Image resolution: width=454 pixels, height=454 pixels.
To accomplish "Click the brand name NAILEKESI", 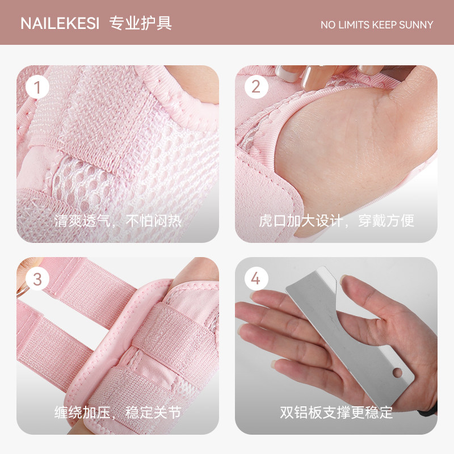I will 60,24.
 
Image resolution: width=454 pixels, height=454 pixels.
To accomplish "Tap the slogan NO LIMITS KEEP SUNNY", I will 377,25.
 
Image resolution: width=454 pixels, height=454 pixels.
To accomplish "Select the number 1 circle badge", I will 38,87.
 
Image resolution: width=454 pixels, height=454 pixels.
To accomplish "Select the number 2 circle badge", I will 256,87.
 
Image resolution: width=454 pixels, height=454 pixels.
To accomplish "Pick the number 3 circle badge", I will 38,279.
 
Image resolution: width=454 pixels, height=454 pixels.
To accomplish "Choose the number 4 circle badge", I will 256,279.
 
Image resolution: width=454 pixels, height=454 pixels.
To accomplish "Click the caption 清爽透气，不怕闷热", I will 117,221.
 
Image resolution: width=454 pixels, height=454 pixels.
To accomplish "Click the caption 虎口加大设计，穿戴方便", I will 336,221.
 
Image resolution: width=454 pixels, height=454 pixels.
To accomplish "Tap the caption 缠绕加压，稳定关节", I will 117,413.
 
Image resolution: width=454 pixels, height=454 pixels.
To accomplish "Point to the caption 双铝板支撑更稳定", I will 336,413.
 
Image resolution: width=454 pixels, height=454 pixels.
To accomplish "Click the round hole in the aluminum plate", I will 397,372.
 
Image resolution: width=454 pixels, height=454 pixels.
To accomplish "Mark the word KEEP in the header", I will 386,25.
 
